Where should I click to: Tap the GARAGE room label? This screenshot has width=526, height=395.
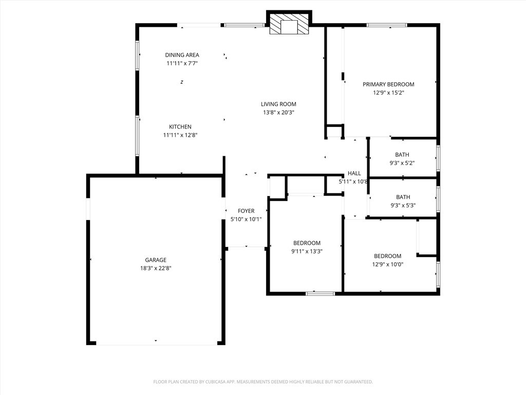coord(155,260)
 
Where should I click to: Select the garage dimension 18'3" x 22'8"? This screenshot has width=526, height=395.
coord(155,268)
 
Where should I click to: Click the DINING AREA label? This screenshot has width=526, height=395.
coord(182,55)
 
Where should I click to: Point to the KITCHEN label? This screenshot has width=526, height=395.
coord(180,127)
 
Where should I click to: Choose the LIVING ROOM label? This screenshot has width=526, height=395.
coord(278,104)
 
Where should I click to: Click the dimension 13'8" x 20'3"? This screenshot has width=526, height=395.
coord(278,112)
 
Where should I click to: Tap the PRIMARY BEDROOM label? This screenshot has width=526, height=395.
coord(388,84)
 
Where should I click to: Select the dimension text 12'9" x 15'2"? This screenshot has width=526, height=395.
coord(388,93)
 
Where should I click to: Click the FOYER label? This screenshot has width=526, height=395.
coord(246,211)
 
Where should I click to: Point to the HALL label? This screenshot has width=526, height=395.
coord(354,173)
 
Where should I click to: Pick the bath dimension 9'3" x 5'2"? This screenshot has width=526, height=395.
coord(402,163)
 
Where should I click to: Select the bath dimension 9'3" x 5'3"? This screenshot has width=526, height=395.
coord(403,205)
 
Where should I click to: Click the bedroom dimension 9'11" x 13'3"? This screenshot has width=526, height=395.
coord(307,252)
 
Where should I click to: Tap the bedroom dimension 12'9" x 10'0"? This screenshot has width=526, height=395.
coord(387,264)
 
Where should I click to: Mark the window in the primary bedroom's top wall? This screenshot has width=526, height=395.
coord(386,25)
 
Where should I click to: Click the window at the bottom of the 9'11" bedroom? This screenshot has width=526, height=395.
coord(320,294)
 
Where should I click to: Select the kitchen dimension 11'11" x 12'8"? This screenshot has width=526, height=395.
coord(180,135)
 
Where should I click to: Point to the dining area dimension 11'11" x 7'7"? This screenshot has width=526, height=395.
coord(182,63)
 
